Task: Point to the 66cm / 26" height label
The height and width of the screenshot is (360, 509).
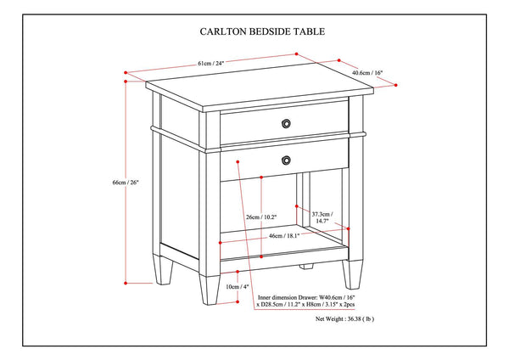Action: [112, 183]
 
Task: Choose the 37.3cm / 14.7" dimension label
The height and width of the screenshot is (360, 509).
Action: [322, 218]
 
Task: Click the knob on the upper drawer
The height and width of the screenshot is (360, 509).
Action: [286, 124]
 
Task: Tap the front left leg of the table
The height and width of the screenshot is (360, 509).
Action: [210, 284]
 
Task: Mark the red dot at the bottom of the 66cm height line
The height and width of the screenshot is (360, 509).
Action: [126, 281]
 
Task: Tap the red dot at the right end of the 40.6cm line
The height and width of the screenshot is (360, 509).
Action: [398, 85]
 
